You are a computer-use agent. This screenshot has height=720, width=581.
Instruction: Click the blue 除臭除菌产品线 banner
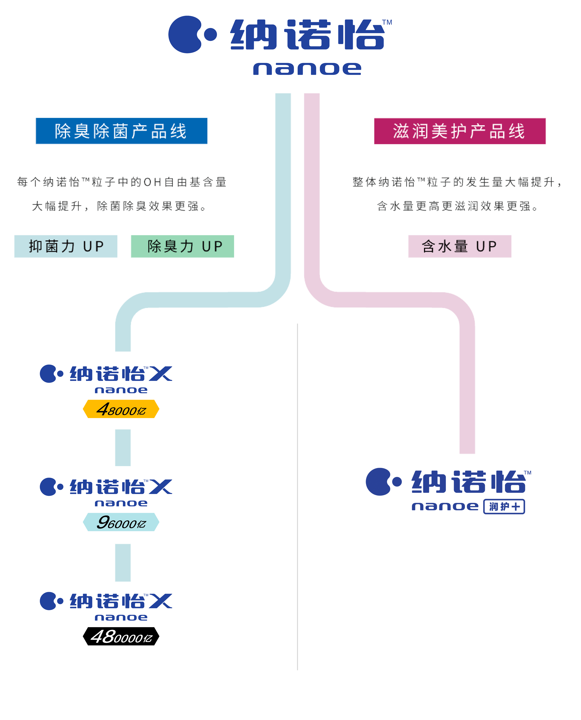[x=122, y=131]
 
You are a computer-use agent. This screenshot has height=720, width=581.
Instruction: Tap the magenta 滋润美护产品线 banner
[x=459, y=131]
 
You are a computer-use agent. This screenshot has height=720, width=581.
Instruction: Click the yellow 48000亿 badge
[x=121, y=409]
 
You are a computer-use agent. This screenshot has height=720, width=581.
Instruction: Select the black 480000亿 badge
[x=121, y=636]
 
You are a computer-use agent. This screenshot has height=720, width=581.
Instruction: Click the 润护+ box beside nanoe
[x=504, y=506]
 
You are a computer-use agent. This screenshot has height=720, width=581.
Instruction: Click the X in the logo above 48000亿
[x=161, y=374]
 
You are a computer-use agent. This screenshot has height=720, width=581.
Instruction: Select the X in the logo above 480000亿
[x=161, y=601]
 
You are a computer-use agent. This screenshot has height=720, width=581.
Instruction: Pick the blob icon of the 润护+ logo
[x=378, y=482]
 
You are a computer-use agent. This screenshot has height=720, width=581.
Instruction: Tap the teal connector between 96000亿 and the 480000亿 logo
[x=123, y=563]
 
